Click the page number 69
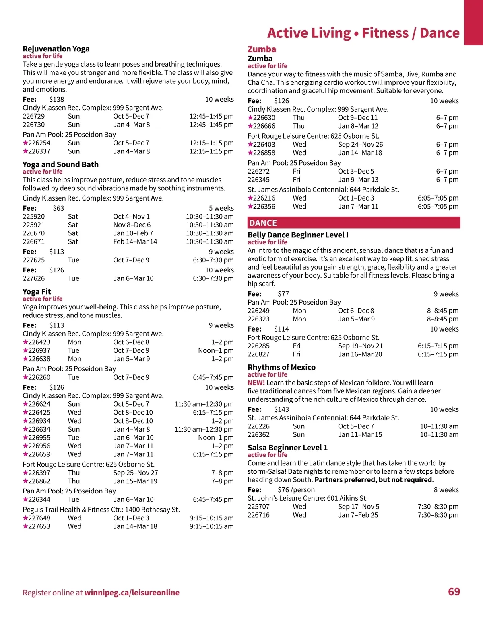pos(454,592)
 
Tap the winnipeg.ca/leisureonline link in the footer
pos(132,593)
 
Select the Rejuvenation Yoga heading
pos(56,49)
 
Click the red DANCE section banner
pos(353,223)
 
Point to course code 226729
pos(34,116)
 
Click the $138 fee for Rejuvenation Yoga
pos(56,99)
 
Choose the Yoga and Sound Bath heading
pos(60,164)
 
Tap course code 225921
pos(34,225)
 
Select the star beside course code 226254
pos(25,143)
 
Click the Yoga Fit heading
pos(37,292)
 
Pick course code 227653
pos(39,526)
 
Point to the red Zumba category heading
pos(262,49)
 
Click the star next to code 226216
pos(250,198)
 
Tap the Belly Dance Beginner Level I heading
pos(298,235)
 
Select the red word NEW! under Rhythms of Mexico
pos(256,383)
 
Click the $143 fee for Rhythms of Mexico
pos(281,409)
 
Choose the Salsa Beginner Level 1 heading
pos(287,448)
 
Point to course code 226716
pos(258,515)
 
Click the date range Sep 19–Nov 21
pos(360,346)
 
